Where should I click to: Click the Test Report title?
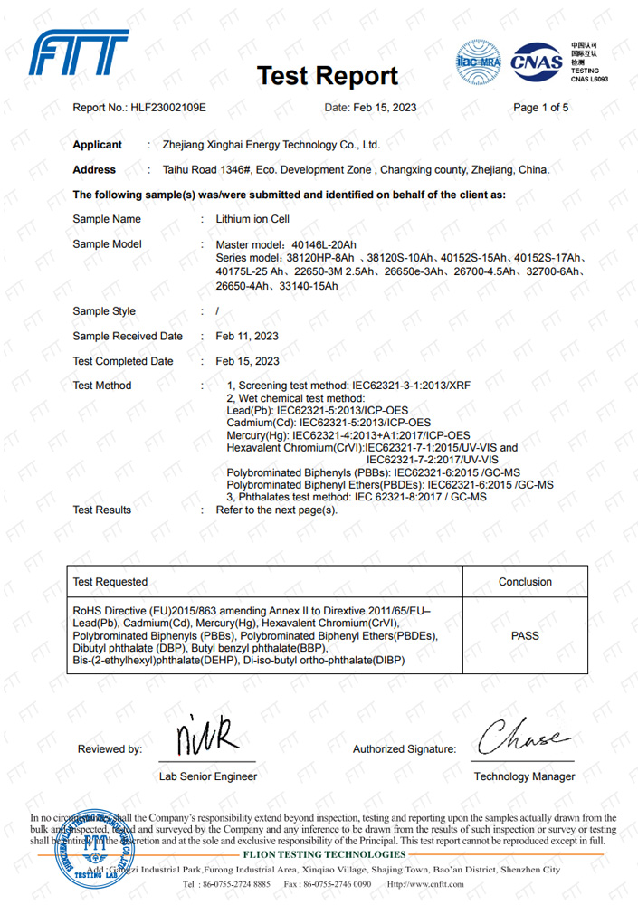327,76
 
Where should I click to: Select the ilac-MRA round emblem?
478,62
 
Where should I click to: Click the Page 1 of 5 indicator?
540,108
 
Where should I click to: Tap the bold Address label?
94,169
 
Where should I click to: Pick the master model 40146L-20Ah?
299,244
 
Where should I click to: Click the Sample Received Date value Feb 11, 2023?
247,337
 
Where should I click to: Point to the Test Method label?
101,386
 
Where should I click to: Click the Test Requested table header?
110,582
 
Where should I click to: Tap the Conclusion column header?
525,582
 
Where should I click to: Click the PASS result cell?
525,635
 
